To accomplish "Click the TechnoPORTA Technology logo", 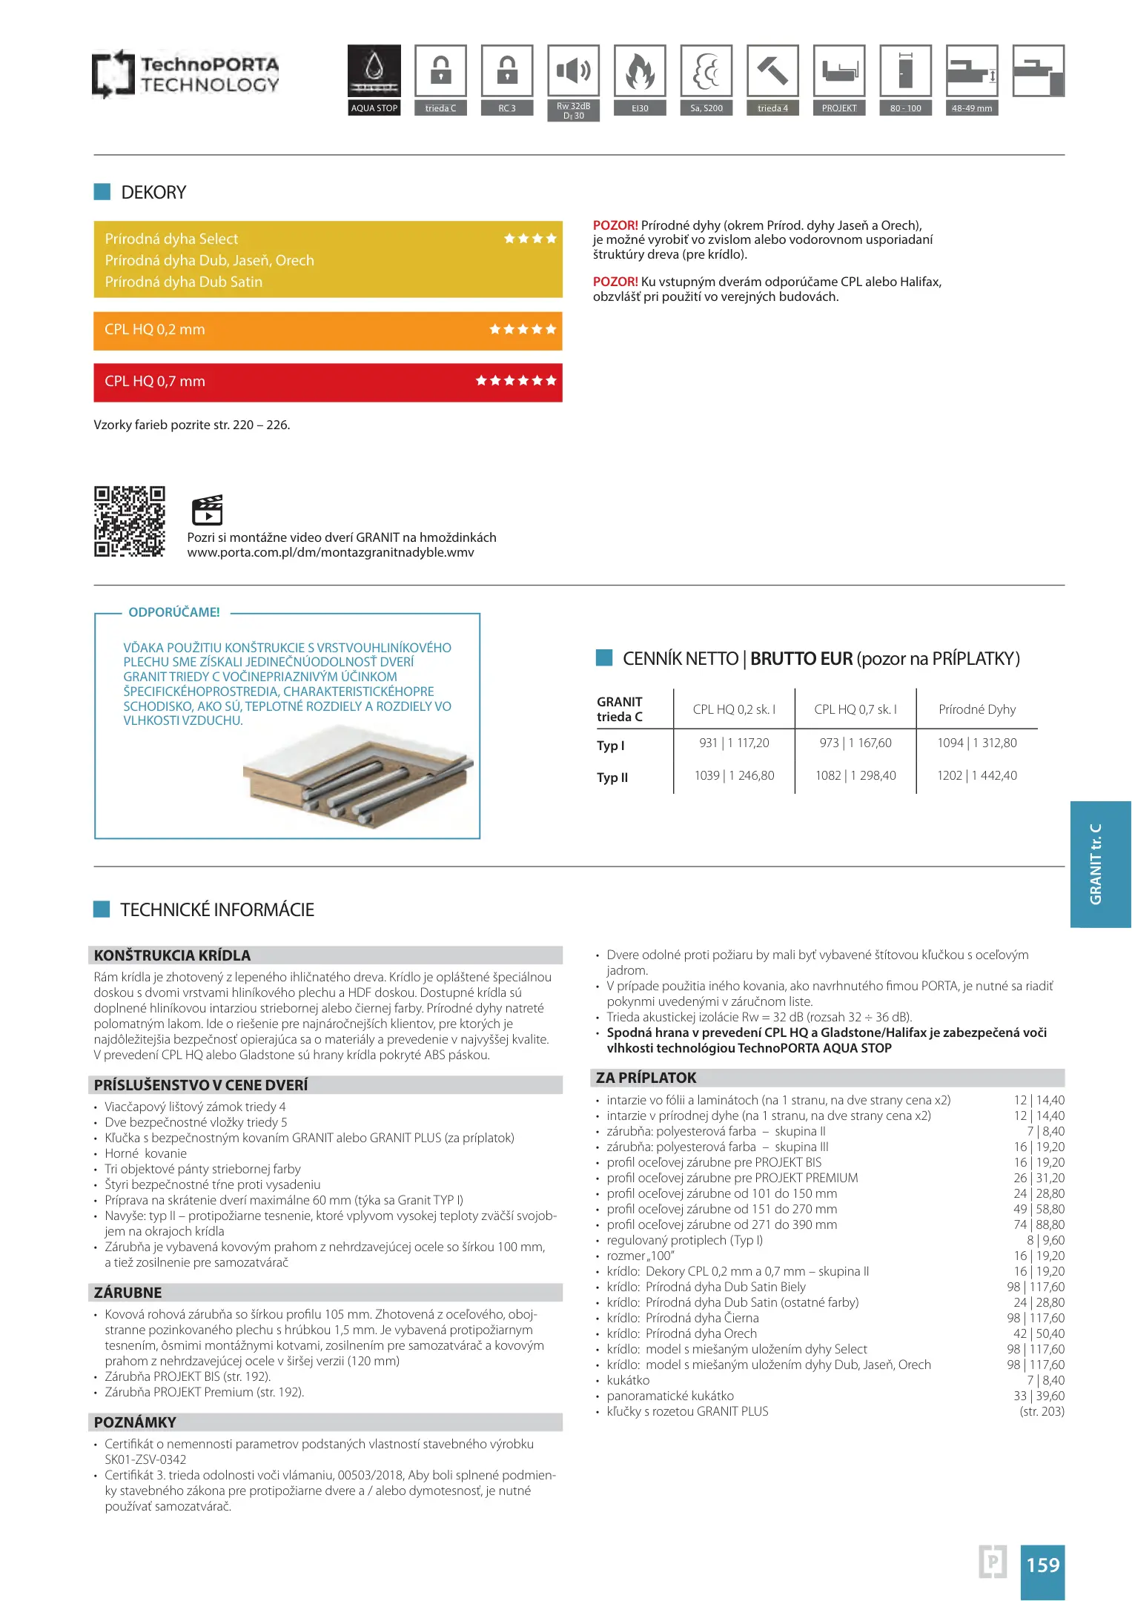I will (185, 74).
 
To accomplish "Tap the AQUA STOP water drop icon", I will (374, 71).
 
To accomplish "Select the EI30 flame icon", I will (640, 71).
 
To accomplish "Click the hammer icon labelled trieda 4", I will (772, 71).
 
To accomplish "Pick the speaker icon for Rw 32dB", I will (574, 71).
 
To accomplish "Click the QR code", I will (130, 521).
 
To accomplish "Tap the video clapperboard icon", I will (207, 510).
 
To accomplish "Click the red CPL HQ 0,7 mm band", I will (328, 382).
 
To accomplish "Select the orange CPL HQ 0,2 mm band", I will (328, 331).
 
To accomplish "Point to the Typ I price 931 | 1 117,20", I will (734, 743).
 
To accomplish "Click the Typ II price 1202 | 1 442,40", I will (976, 775).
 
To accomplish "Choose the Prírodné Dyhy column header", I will (976, 709).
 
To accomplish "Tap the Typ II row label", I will (612, 778).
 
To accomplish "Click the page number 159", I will (1042, 1565).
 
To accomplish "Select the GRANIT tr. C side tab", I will (1099, 864).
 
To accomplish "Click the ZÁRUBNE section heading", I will (128, 1293).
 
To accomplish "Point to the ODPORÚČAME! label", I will (174, 612).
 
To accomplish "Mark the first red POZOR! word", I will (615, 225).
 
